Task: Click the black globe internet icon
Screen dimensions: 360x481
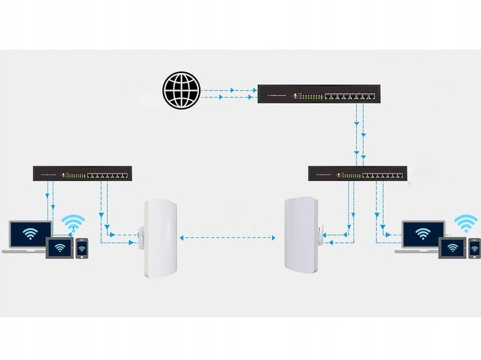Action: click(181, 91)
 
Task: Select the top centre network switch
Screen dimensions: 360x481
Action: click(319, 94)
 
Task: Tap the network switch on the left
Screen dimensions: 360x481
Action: click(83, 174)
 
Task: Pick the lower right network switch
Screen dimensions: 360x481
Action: click(357, 174)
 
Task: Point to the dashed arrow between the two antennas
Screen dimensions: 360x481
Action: click(228, 237)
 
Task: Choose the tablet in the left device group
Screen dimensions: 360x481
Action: click(59, 248)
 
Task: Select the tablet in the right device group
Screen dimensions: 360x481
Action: click(452, 248)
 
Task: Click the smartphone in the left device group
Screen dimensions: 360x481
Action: click(82, 248)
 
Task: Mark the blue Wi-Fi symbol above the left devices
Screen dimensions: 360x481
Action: click(73, 222)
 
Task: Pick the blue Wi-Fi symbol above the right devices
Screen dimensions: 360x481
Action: click(466, 222)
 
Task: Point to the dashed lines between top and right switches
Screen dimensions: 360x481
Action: click(359, 134)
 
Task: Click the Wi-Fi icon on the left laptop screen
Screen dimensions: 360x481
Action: click(30, 233)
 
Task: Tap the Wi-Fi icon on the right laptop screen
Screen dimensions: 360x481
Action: click(423, 233)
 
